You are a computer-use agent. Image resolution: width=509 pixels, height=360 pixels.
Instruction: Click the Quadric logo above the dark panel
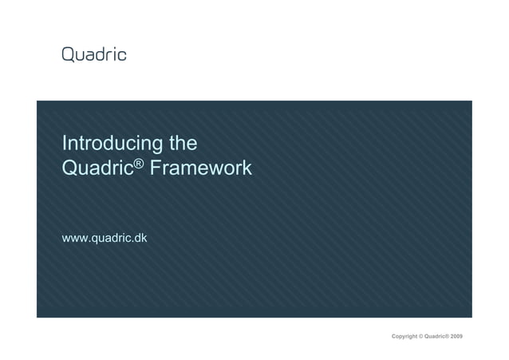[x=94, y=54]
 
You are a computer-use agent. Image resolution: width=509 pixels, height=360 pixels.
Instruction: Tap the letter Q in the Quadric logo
[x=69, y=54]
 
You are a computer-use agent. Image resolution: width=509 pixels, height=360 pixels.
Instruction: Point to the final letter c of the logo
[x=122, y=55]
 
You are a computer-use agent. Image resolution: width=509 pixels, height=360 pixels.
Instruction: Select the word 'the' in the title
[x=183, y=144]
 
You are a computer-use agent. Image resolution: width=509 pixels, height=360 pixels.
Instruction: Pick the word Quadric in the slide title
[x=97, y=169]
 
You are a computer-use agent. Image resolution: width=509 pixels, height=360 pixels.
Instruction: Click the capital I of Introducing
[x=64, y=144]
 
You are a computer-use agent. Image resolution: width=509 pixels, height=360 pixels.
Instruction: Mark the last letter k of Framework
[x=247, y=169]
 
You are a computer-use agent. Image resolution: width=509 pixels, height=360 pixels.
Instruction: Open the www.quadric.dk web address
[x=105, y=238]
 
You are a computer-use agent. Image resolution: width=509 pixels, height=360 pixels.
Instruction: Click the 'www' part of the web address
[x=74, y=239]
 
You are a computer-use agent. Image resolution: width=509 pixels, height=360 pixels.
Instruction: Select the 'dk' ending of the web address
[x=140, y=238]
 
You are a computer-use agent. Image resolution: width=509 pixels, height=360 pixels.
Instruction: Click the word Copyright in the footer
[x=404, y=337]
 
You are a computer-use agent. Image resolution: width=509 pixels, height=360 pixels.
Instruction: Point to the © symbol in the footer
[x=422, y=337]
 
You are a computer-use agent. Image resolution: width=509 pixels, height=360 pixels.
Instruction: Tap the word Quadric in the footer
[x=436, y=337]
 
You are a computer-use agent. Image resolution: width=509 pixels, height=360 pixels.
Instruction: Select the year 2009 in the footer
[x=456, y=337]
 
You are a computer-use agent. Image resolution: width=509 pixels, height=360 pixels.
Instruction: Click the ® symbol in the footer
[x=448, y=336]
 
